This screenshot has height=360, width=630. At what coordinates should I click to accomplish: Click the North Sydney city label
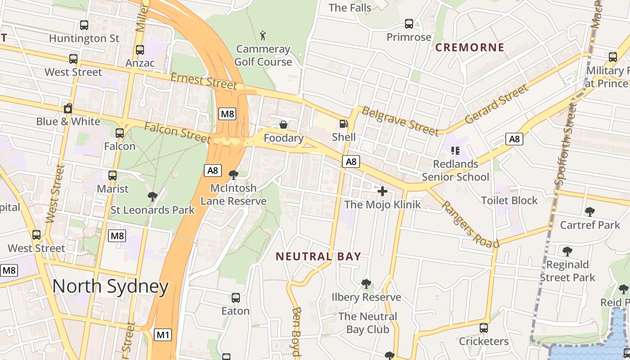click(x=110, y=286)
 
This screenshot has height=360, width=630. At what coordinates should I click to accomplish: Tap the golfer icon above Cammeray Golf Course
click(x=263, y=35)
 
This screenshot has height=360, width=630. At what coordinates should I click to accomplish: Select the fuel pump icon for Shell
click(x=344, y=123)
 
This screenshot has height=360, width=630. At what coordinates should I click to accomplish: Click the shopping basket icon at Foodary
click(x=283, y=124)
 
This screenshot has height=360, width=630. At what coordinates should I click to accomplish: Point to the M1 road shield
click(x=163, y=335)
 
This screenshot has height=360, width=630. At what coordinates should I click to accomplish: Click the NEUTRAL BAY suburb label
click(x=318, y=256)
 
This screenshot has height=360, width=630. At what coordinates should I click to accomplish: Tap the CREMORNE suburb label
click(x=470, y=47)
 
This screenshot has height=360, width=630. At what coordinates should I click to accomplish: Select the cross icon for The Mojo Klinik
click(x=382, y=191)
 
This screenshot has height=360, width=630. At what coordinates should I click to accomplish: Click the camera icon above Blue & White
click(x=68, y=108)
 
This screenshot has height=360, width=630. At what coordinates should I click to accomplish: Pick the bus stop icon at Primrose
click(x=409, y=24)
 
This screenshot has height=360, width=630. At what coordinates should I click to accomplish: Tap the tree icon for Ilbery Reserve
click(x=366, y=283)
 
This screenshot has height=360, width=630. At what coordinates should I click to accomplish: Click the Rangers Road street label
click(x=470, y=224)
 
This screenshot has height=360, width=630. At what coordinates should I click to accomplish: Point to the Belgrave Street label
click(x=400, y=121)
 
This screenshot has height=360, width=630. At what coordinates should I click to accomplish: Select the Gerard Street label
click(x=496, y=104)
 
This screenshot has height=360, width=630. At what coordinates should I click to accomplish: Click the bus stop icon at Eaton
click(x=235, y=297)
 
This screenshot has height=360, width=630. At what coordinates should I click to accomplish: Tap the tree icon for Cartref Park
click(x=589, y=211)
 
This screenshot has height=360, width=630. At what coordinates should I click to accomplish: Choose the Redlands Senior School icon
click(x=455, y=151)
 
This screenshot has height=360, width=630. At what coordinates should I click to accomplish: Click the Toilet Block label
click(x=509, y=200)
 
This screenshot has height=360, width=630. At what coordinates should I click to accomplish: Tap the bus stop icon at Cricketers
click(x=484, y=328)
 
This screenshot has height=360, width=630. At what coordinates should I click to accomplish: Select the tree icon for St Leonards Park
click(x=153, y=196)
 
